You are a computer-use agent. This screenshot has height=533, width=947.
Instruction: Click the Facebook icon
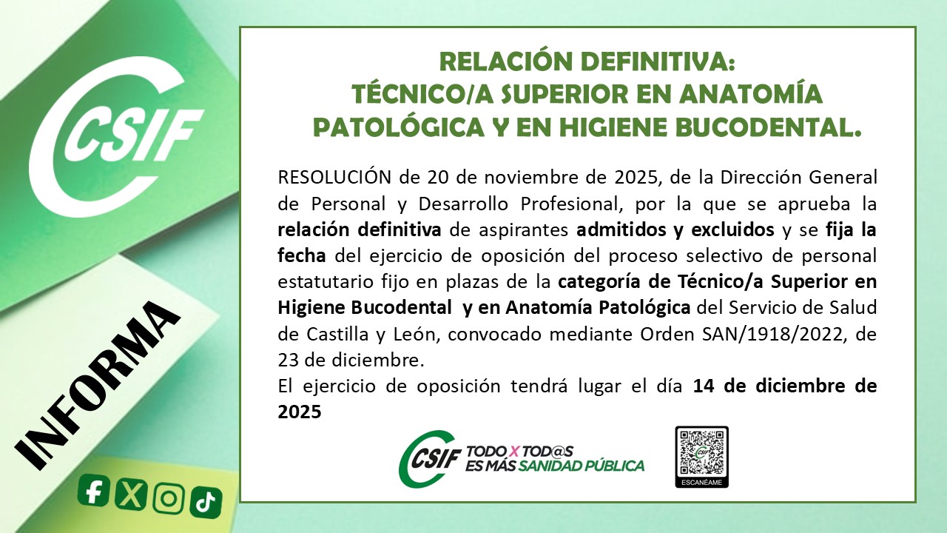click(x=93, y=490)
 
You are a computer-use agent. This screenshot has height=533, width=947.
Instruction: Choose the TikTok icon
click(x=206, y=503)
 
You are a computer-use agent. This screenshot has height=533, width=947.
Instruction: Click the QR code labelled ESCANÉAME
click(x=702, y=457)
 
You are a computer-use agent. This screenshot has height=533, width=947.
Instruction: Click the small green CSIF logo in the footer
click(x=428, y=458)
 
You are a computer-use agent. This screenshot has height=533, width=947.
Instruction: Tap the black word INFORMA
click(x=97, y=385)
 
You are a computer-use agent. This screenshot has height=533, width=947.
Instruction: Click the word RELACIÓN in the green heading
click(x=505, y=61)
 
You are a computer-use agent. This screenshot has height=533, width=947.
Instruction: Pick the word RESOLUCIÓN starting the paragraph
click(x=334, y=177)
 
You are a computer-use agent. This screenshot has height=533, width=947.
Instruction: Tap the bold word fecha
click(x=301, y=255)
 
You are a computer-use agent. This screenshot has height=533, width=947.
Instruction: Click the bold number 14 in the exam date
click(x=703, y=386)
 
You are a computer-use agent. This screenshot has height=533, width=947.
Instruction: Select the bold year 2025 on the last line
click(x=300, y=412)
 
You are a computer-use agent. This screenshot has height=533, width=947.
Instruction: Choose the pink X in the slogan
click(x=514, y=452)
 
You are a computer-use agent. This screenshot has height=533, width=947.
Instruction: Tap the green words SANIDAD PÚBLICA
click(x=582, y=466)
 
